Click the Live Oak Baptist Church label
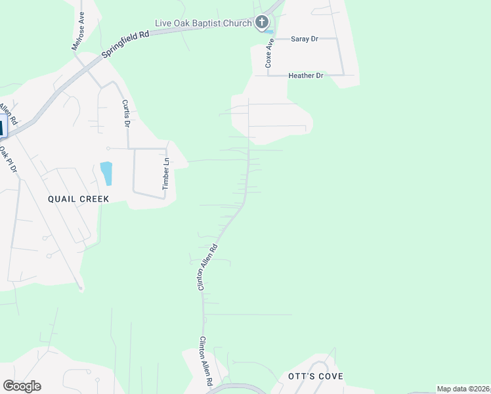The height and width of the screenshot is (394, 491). [203, 24]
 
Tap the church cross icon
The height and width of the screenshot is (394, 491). [262, 24]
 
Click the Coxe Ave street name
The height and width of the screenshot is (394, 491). [268, 53]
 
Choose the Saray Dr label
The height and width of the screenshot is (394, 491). [304, 39]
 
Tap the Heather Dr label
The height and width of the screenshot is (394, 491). [306, 76]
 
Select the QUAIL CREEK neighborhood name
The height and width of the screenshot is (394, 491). [78, 198]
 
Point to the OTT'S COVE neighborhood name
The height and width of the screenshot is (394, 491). [316, 377]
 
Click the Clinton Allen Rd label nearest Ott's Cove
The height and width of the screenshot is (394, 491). [205, 361]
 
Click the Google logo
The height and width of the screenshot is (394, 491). [22, 386]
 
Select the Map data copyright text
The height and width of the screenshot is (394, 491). [463, 389]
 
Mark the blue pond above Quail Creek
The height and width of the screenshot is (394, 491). [106, 173]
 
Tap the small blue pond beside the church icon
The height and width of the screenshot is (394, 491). [269, 32]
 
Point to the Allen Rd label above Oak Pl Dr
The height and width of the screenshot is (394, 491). [7, 114]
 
